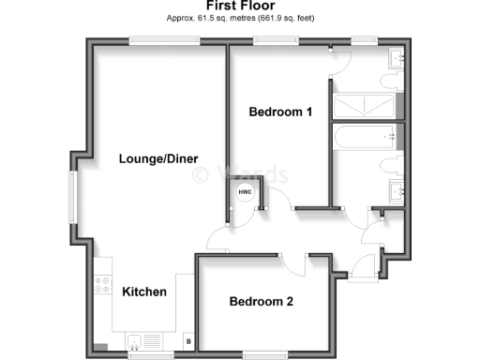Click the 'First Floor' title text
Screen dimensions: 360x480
tap(239, 7)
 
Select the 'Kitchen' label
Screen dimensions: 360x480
tap(144, 292)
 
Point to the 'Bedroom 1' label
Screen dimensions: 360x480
tap(280, 112)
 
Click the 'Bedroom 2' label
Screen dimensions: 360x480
tap(262, 302)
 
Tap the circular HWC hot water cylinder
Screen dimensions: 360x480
tap(244, 194)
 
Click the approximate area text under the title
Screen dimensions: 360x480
tap(239, 19)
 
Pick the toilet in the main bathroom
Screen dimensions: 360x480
tap(391, 167)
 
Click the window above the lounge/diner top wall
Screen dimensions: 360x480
tap(163, 39)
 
